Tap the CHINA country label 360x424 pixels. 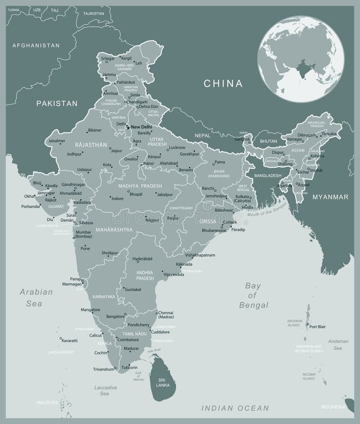223,84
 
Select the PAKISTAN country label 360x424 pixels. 56,103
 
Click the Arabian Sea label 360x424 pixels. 36,298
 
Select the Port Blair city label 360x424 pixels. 319,326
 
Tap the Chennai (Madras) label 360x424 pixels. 166,315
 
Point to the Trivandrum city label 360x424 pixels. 104,369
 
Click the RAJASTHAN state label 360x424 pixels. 91,145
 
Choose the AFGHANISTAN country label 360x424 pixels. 36,46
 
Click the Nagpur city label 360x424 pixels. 152,220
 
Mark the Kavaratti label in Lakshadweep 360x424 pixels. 70,340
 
